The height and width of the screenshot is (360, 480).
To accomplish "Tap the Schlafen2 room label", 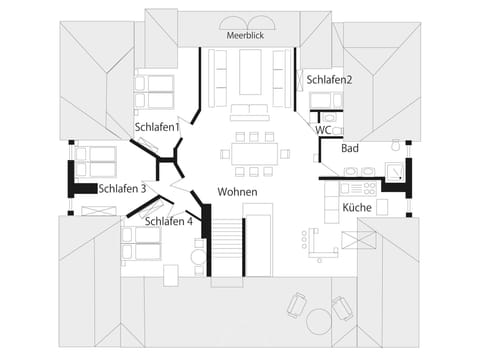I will tap(330, 79).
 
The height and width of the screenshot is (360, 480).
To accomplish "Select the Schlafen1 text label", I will tap(157, 127).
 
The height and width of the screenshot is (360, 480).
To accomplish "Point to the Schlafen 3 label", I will tap(123, 188).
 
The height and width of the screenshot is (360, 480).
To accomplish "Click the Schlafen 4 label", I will tap(169, 221).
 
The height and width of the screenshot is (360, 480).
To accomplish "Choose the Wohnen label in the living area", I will tap(238, 192).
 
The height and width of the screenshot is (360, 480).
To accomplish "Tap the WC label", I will tap(324, 129).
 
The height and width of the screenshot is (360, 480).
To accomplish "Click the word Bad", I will tap(349, 148).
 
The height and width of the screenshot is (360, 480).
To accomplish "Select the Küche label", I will tap(357, 207).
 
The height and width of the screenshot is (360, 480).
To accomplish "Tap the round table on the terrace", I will tap(319, 321).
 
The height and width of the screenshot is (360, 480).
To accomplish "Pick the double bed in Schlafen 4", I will tap(142, 244).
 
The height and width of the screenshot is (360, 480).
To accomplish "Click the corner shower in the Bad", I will tap(397, 173).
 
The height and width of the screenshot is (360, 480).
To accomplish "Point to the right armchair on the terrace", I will tap(343, 308).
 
